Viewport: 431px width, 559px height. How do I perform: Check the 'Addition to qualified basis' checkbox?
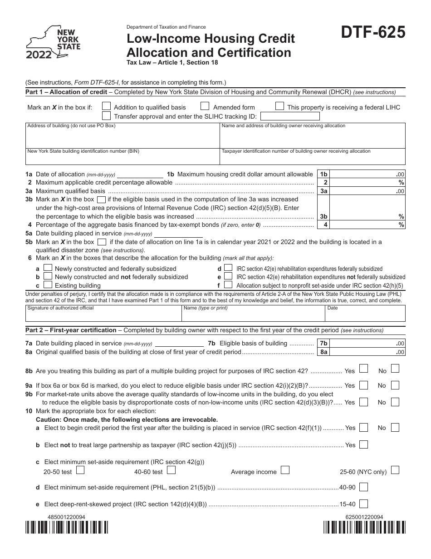107,106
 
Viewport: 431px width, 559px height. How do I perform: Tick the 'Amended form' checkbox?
205,106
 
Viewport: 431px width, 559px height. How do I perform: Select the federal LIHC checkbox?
280,106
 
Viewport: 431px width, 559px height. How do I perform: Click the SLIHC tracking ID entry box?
287,116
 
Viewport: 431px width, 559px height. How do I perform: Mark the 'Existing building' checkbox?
48,285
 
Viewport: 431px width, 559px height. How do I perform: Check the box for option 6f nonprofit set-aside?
229,285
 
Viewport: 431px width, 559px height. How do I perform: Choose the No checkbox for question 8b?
395,369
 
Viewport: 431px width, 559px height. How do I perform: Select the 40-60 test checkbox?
171,470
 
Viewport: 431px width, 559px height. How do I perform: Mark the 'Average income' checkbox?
285,470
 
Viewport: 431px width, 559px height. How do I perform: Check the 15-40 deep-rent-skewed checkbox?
363,503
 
